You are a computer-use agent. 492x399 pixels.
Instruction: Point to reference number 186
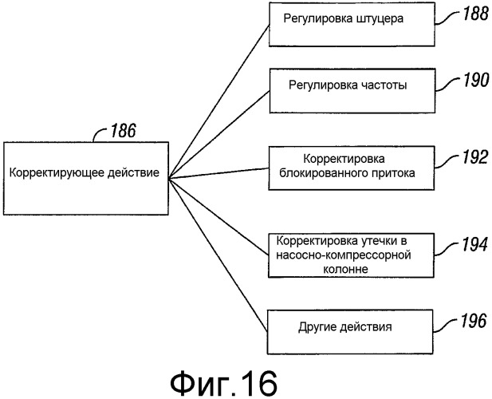tap(118, 130)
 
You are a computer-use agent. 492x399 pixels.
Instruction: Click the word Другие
tap(315, 326)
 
